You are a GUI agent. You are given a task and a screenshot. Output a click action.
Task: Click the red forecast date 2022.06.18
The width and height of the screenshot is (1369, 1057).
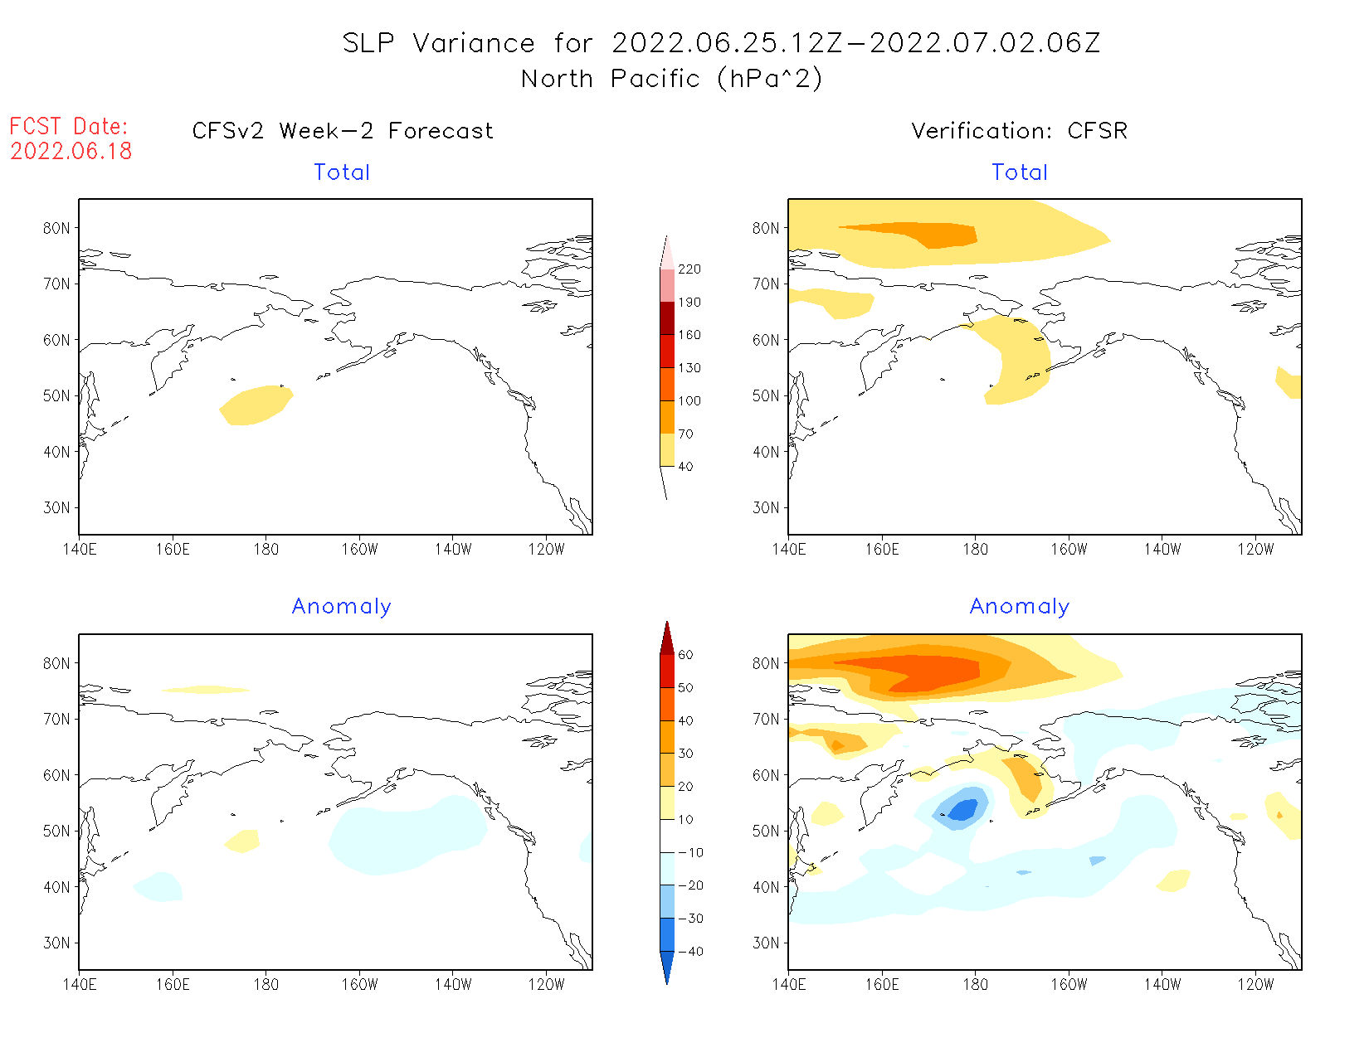click(71, 151)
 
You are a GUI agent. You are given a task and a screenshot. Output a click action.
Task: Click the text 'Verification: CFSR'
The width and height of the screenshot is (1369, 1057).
click(1019, 131)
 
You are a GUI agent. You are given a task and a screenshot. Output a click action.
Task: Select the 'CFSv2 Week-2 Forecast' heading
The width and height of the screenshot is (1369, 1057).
click(342, 131)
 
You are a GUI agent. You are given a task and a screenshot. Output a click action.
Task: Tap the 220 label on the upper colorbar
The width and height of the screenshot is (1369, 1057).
click(689, 269)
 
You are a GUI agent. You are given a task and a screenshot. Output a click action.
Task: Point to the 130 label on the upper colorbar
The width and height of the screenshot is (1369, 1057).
click(689, 368)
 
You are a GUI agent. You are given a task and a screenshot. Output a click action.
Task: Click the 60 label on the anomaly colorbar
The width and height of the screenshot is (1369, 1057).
click(685, 655)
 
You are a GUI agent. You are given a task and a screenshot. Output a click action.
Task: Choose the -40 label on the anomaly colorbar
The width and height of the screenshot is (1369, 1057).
click(689, 952)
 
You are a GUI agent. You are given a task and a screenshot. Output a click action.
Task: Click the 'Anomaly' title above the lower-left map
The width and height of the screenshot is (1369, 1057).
click(341, 607)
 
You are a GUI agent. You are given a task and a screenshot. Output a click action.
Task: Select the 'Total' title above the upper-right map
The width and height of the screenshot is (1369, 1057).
click(1020, 172)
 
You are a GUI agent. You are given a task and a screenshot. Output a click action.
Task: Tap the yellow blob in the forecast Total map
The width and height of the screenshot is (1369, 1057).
click(256, 405)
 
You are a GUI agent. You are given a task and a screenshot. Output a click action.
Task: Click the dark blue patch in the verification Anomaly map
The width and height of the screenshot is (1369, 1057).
click(962, 810)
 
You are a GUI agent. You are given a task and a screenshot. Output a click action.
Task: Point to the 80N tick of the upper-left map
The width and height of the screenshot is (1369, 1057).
click(56, 228)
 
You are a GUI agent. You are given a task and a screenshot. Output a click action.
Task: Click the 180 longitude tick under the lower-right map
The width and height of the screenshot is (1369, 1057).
click(975, 985)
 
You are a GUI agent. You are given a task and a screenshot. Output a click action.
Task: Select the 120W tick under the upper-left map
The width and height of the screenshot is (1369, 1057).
click(546, 550)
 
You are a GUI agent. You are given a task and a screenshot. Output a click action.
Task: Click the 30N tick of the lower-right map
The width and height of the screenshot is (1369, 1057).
click(766, 943)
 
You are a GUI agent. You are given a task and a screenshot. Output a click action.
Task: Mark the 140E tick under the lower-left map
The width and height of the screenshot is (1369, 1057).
click(79, 985)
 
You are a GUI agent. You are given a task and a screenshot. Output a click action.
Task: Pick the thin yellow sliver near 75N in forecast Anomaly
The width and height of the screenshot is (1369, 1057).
click(206, 690)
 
